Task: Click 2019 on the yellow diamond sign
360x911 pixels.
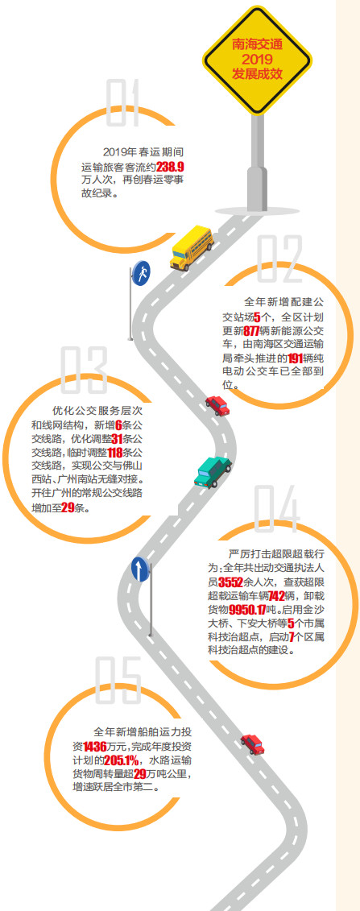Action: (257, 60)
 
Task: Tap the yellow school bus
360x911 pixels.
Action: (192, 248)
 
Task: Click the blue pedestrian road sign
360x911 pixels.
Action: (141, 272)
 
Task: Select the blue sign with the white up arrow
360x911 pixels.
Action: (140, 569)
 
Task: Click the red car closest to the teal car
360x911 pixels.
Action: (217, 405)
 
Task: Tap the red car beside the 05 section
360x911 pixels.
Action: (253, 744)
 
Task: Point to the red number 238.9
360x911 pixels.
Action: (170, 168)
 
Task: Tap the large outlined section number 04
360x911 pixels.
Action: (277, 508)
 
